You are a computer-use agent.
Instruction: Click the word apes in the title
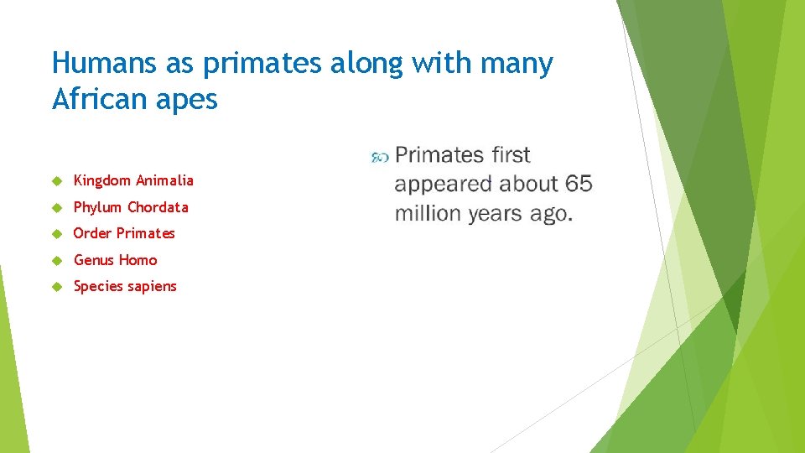192,101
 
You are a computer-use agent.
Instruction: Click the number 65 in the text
579,184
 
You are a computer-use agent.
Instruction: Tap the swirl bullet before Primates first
379,156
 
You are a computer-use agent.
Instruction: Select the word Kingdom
101,181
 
